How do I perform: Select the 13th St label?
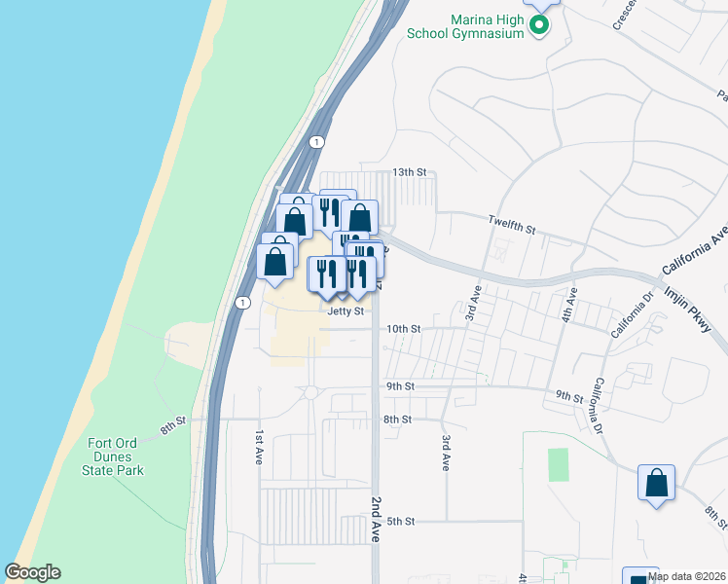[410, 172]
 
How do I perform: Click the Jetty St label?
[346, 312]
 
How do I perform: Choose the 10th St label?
[403, 330]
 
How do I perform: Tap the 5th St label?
[401, 522]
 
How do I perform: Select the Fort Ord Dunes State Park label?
[114, 456]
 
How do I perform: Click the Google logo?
[32, 572]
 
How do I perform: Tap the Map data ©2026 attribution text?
[686, 576]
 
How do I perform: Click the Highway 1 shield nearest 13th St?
[316, 142]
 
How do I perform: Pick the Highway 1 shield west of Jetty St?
[238, 303]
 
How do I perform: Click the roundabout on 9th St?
[311, 392]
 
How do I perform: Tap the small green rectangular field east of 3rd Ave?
[558, 464]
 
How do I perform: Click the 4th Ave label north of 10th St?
[572, 305]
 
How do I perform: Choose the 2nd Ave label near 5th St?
[376, 519]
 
